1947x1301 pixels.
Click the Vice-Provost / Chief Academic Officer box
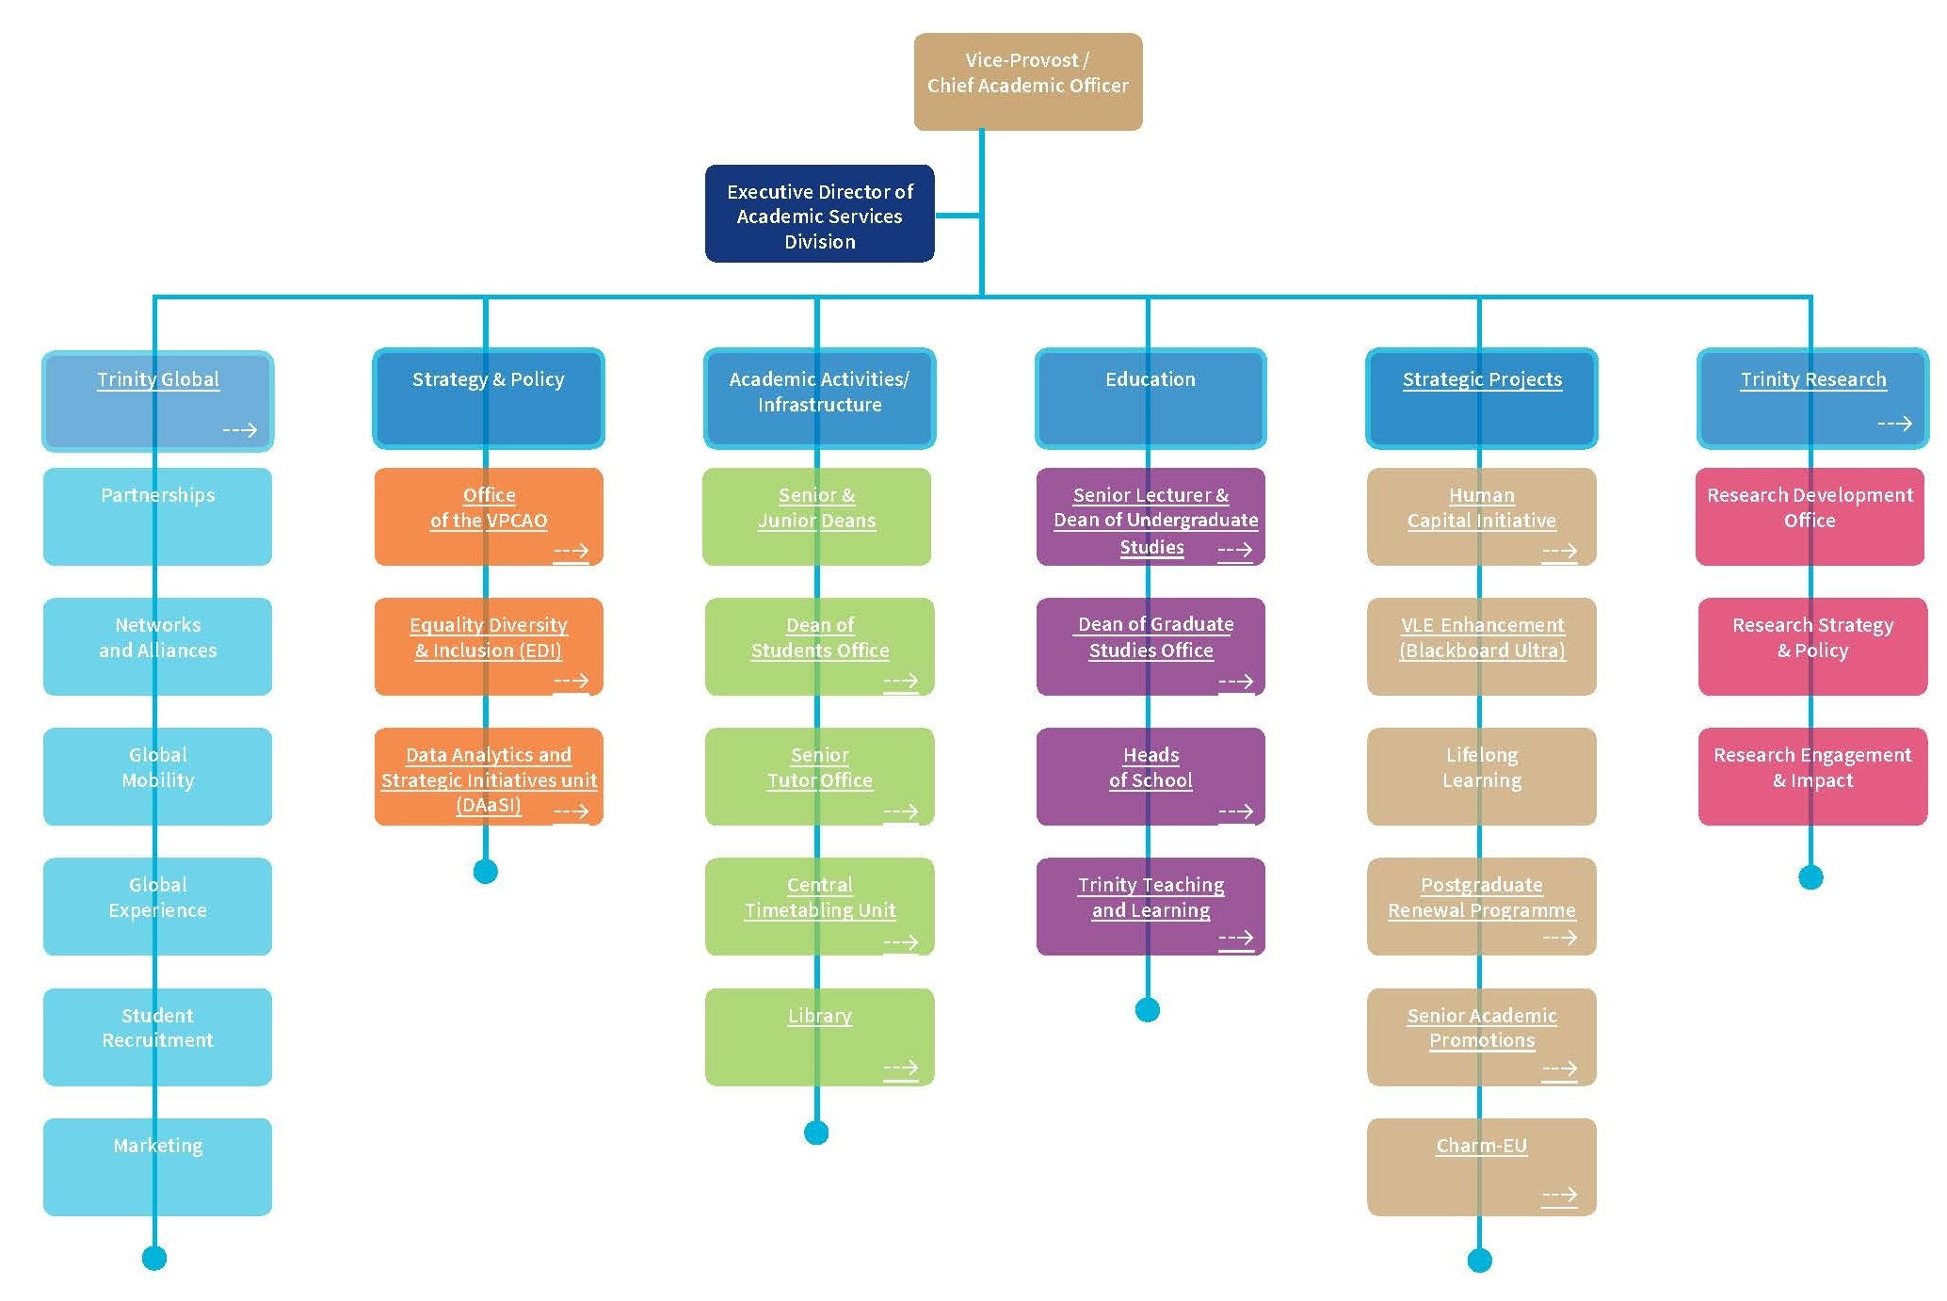(x=1027, y=81)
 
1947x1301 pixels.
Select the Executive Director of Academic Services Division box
(x=819, y=215)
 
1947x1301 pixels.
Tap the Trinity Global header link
(x=158, y=379)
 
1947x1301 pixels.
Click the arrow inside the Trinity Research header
(x=1894, y=424)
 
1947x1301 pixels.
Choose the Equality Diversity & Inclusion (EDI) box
(x=488, y=646)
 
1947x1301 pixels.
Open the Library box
(x=819, y=1036)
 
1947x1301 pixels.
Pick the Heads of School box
(x=1150, y=776)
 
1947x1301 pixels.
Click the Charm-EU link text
(x=1481, y=1146)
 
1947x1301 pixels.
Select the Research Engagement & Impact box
(x=1812, y=776)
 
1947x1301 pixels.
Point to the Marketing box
(x=157, y=1166)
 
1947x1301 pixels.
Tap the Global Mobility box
(x=157, y=776)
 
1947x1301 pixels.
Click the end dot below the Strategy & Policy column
(x=485, y=872)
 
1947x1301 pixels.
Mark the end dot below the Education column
(x=1147, y=1010)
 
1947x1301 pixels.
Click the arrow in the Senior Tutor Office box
(x=900, y=811)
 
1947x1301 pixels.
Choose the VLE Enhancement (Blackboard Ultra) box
(x=1481, y=646)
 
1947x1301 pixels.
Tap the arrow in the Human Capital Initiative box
(x=1559, y=551)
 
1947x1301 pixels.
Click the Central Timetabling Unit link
(x=819, y=897)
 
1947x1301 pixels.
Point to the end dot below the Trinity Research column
(x=1810, y=877)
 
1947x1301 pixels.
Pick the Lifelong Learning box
(x=1481, y=776)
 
